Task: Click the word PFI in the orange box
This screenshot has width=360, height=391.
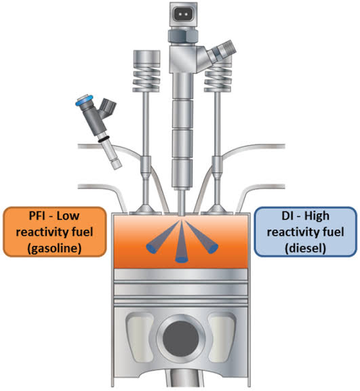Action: [38, 215]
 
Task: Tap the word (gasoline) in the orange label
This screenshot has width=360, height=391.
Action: [55, 249]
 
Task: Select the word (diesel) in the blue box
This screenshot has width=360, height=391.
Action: [305, 249]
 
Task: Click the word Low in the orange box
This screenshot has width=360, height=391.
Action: [68, 215]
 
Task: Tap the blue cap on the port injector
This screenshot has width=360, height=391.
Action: [84, 100]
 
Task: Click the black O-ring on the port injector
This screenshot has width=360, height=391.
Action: [103, 139]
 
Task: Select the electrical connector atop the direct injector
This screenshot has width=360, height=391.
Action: [183, 14]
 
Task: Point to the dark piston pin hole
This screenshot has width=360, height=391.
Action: [181, 338]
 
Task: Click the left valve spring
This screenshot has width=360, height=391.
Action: [146, 77]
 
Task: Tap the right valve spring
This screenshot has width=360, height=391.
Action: [218, 77]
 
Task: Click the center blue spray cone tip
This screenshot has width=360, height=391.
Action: [182, 260]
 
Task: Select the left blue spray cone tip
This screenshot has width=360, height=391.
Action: [151, 248]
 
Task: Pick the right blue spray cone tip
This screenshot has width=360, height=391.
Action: [213, 248]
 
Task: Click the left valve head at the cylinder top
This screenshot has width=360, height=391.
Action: [146, 211]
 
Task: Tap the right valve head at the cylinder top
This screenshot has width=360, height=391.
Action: [217, 211]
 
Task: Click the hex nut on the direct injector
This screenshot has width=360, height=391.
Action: [183, 35]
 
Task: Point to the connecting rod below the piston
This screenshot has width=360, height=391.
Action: [182, 378]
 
